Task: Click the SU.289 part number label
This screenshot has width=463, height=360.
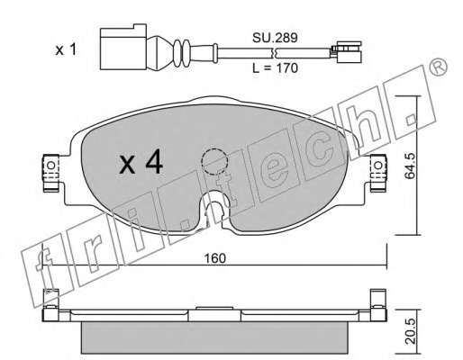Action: [x=275, y=38]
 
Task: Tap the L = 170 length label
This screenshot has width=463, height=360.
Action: [x=275, y=68]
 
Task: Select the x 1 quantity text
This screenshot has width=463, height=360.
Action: [x=66, y=49]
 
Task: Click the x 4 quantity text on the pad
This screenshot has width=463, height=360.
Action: [x=141, y=164]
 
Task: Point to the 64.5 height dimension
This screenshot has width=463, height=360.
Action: [x=409, y=166]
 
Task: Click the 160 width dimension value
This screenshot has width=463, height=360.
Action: [x=214, y=258]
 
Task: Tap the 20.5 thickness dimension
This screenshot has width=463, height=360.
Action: [x=410, y=331]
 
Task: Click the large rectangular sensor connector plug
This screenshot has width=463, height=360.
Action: [x=123, y=47]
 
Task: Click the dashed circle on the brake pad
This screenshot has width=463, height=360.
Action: [x=214, y=162]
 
